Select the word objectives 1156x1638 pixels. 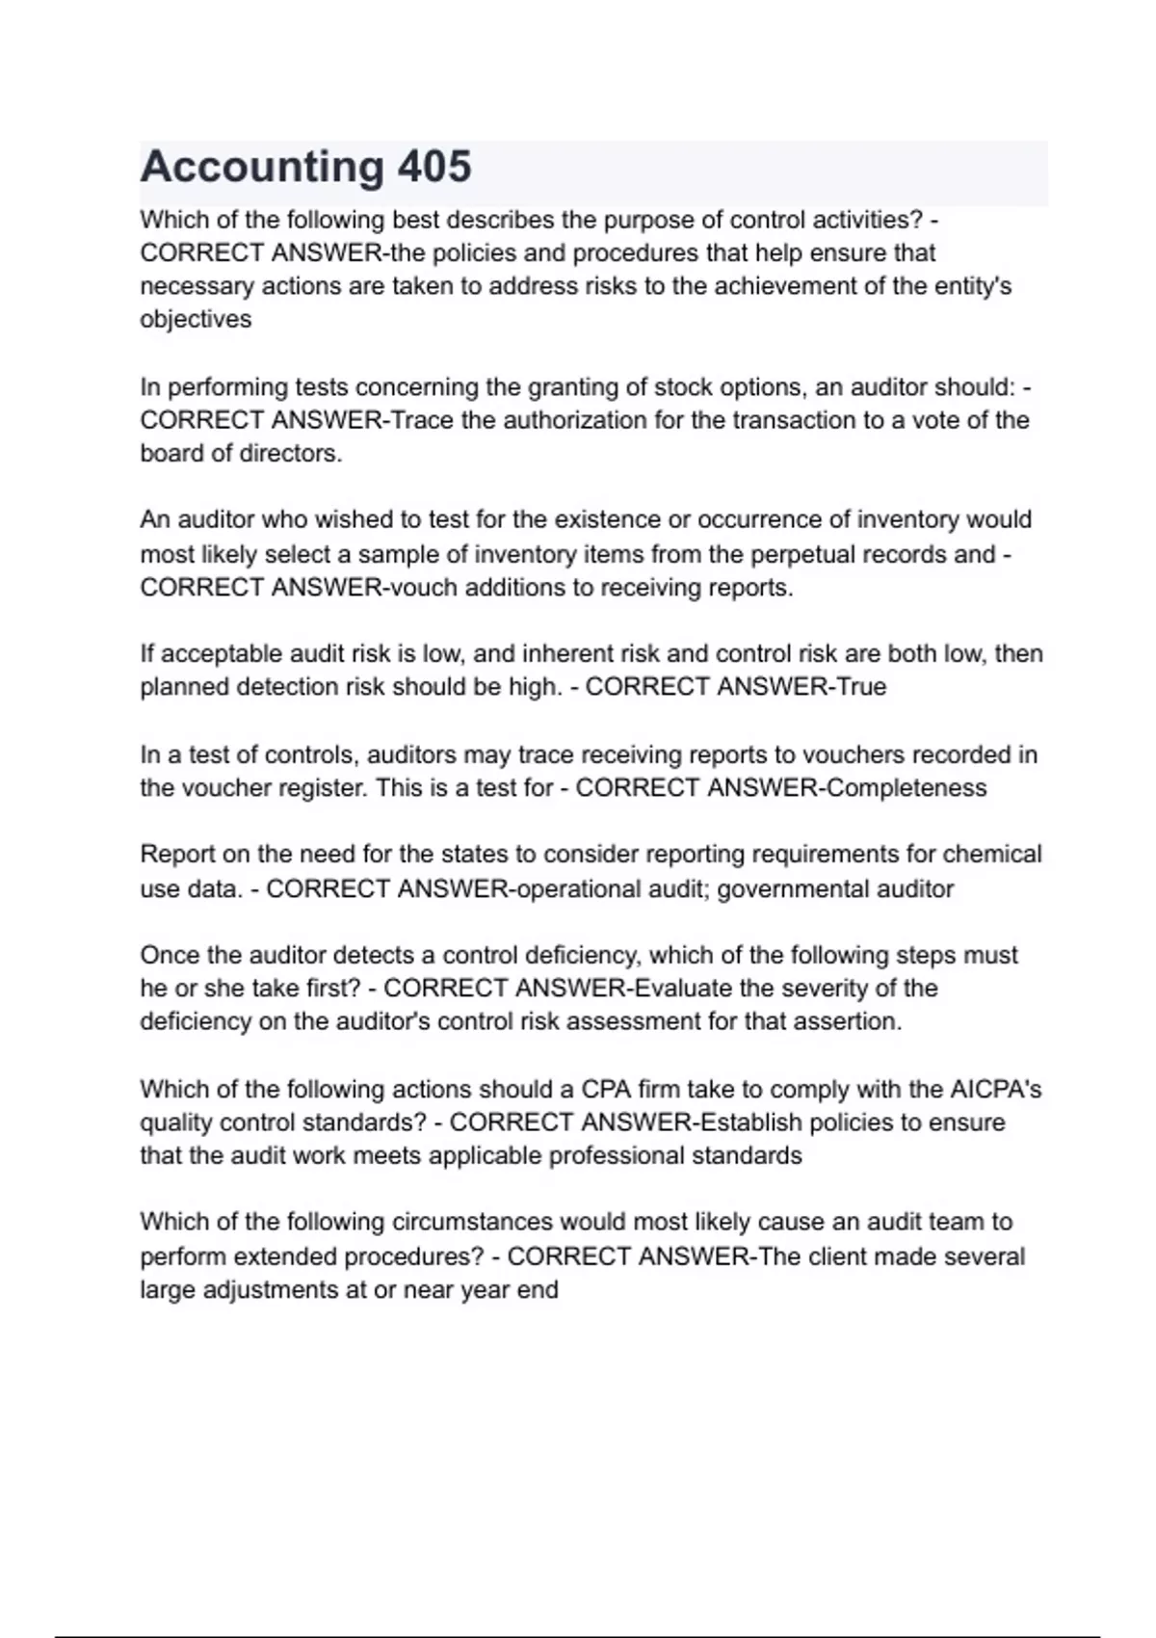tap(196, 320)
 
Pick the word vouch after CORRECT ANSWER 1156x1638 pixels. tap(421, 588)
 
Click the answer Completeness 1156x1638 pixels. tap(906, 788)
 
